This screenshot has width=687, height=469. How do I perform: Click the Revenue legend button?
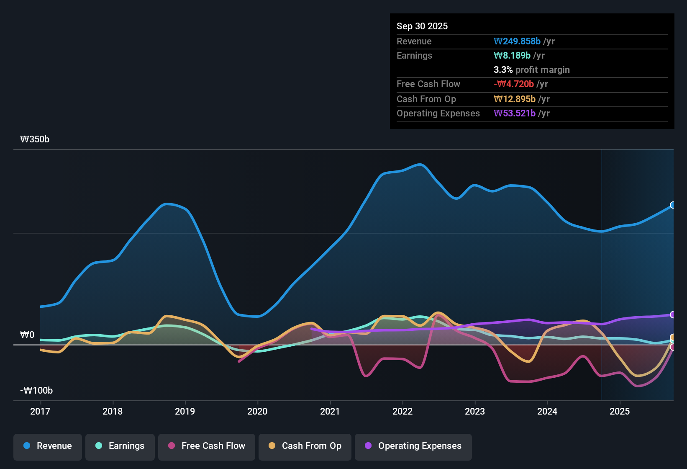point(48,446)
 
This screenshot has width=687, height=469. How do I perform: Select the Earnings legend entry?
point(120,446)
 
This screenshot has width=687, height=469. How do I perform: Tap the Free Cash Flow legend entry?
point(207,446)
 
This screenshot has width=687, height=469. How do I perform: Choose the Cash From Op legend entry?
point(305,446)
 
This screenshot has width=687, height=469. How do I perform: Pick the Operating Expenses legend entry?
point(413,446)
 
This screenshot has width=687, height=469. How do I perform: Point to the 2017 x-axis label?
point(40,411)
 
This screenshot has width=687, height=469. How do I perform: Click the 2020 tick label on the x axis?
point(257,411)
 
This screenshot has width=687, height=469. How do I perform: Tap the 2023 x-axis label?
point(475,411)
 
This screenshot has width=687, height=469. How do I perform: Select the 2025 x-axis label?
point(620,411)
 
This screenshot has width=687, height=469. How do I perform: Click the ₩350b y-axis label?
point(35,139)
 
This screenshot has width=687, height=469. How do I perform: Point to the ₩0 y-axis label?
point(27,335)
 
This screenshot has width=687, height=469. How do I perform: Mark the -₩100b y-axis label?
point(36,391)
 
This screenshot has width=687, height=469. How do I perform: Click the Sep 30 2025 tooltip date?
point(422,26)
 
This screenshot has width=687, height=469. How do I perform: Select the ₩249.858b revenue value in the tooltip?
point(517,41)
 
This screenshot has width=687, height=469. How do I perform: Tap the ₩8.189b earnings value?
point(512,56)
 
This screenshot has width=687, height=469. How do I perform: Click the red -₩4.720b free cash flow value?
point(514,84)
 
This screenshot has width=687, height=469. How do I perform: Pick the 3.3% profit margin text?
point(531,70)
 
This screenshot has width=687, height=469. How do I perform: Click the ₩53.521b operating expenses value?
point(515,113)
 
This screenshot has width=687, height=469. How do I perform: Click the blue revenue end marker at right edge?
point(673,205)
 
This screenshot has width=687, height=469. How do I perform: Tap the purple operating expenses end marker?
point(673,314)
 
